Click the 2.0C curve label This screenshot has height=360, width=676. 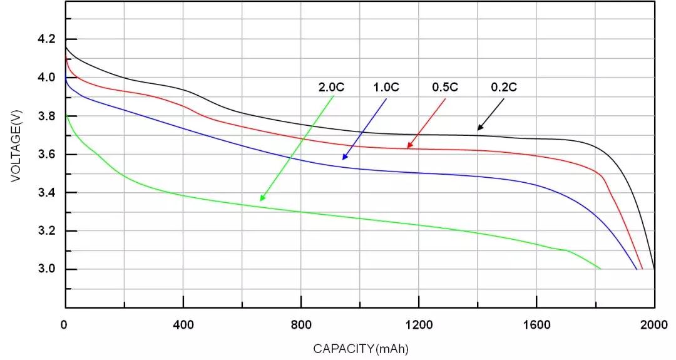tap(332, 87)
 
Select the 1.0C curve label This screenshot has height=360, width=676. tap(386, 87)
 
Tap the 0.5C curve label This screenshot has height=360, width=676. tap(445, 87)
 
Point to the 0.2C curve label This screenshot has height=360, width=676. tap(504, 87)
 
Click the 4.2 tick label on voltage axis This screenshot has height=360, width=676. tap(48, 39)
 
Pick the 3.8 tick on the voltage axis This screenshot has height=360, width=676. tap(48, 116)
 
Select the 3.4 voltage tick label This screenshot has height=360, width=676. tap(48, 193)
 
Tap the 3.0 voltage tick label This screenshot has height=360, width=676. tap(48, 269)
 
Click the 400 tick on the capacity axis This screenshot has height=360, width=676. tap(183, 325)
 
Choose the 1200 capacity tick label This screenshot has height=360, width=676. tap(419, 325)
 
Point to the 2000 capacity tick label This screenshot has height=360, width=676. tap(655, 325)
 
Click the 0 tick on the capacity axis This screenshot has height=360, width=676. tap(64, 325)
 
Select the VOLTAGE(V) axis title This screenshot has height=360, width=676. tap(16, 145)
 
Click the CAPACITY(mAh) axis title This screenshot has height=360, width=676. tap(361, 347)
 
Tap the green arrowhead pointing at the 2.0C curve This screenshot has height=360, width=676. tap(262, 198)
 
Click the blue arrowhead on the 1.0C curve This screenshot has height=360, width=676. tap(344, 157)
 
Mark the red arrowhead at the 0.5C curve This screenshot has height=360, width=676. tap(409, 147)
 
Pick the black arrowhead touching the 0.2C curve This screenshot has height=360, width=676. tap(479, 128)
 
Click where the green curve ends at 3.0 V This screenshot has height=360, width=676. tap(600, 269)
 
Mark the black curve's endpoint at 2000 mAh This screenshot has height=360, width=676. tap(654, 268)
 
